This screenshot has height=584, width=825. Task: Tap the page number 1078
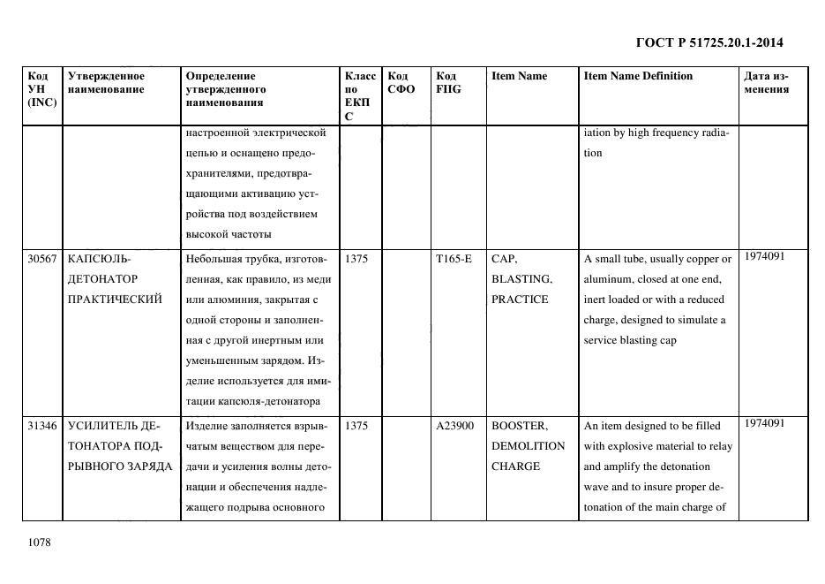pos(40,542)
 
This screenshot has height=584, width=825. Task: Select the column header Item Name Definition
pos(638,77)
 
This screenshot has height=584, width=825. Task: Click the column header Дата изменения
pos(766,83)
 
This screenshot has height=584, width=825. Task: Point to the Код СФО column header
pos(401,83)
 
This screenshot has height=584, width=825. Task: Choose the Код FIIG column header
pos(448,83)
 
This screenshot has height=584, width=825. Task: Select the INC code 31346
pos(42,426)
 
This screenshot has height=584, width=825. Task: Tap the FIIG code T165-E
pos(454,260)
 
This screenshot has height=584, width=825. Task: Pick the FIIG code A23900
pos(454,426)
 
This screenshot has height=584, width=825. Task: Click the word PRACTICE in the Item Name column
pos(520,300)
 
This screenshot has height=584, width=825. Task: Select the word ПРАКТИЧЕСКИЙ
pos(115,300)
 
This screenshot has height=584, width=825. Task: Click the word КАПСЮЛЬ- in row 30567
pos(98,260)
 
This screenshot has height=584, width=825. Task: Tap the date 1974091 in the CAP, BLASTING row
pos(764,256)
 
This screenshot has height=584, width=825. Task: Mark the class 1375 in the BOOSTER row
pos(356,426)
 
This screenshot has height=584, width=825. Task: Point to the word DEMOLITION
pos(528,446)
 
